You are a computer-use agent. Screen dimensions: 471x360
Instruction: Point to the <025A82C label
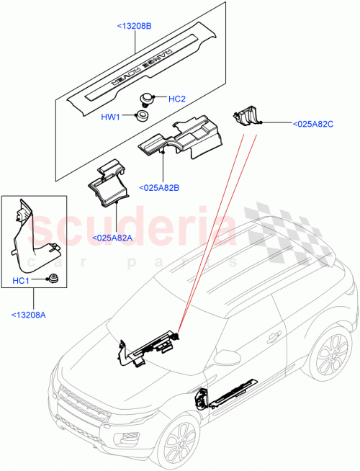(x=313, y=124)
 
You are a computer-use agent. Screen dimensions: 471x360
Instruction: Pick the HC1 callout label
(x=20, y=282)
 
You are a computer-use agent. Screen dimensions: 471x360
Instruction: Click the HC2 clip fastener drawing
(x=148, y=98)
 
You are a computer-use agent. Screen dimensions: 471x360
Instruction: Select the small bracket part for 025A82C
(x=246, y=115)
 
